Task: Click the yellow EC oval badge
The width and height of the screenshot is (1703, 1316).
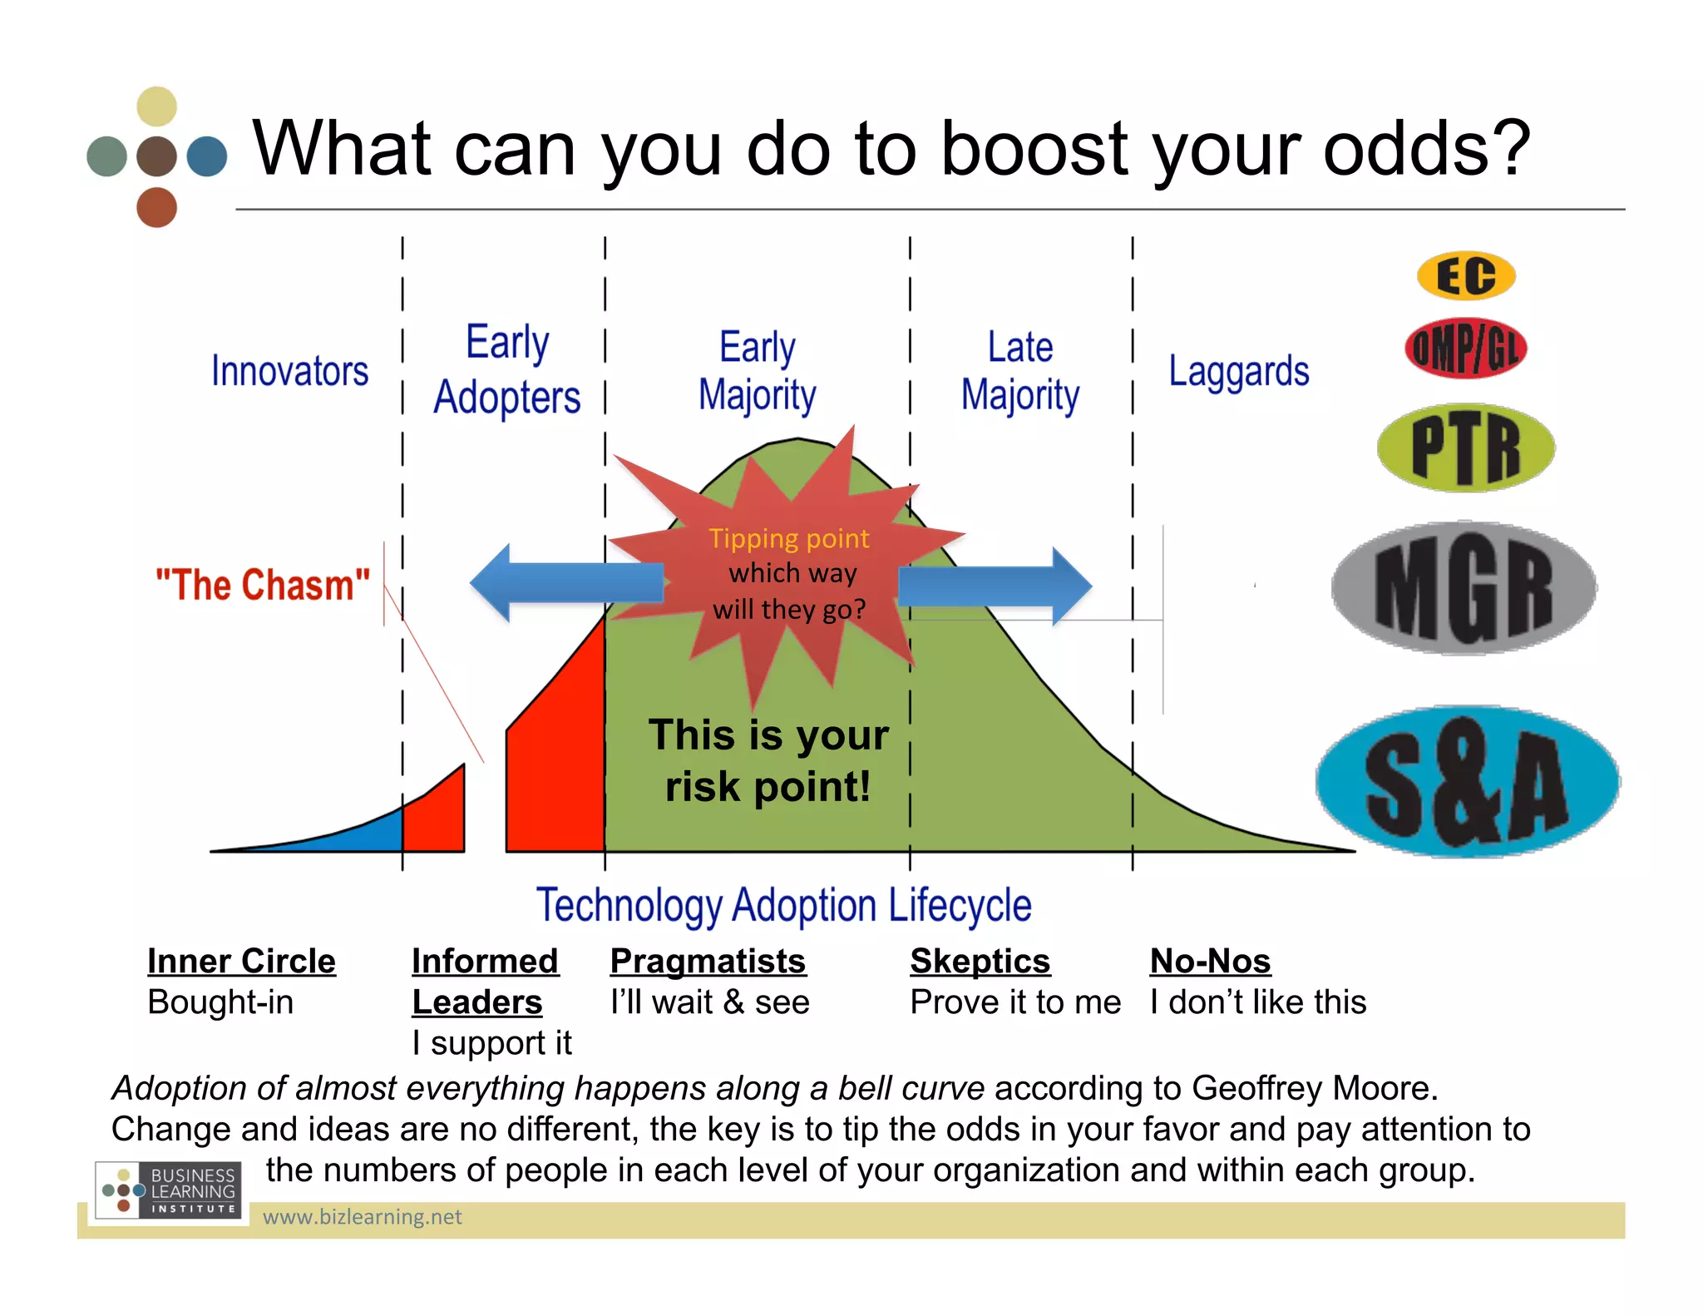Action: pos(1466,275)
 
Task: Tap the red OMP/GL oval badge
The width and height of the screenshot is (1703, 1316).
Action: pos(1466,348)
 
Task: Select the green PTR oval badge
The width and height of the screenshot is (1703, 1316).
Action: pos(1466,448)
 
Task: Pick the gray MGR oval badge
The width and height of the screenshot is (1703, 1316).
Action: pos(1464,588)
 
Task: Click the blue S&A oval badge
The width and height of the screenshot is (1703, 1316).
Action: pos(1468,781)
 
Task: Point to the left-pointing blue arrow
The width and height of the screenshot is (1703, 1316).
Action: pos(565,582)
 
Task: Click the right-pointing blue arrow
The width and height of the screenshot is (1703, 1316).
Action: pos(994,586)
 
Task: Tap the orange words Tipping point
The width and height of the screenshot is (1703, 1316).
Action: pos(788,538)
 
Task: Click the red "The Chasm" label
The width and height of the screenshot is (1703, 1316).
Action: pos(262,585)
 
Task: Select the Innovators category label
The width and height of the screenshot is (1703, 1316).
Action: pos(289,371)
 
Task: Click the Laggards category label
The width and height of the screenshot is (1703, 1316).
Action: pos(1238,371)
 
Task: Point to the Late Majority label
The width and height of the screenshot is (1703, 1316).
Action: pos(1019,371)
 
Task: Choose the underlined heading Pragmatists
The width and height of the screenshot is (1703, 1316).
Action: pos(708,961)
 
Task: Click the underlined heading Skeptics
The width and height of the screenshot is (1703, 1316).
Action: pos(980,961)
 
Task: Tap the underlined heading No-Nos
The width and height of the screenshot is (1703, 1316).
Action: pos(1210,961)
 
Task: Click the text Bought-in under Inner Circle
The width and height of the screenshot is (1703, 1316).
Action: pos(220,1002)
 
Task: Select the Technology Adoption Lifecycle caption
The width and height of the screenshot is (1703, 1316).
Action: pos(783,905)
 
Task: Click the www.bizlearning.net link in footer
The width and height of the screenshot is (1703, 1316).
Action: pos(362,1217)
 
